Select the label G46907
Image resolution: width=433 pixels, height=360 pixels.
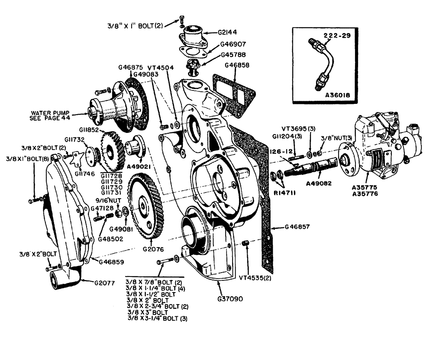(234, 44)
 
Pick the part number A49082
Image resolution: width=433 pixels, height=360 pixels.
(318, 183)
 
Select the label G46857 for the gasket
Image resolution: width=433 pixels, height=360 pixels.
(299, 226)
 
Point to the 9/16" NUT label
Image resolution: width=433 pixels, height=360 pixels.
(107, 200)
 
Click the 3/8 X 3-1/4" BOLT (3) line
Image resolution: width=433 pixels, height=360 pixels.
(159, 318)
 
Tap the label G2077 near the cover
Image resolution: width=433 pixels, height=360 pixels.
(107, 284)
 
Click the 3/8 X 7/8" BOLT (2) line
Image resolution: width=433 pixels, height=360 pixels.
(154, 282)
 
